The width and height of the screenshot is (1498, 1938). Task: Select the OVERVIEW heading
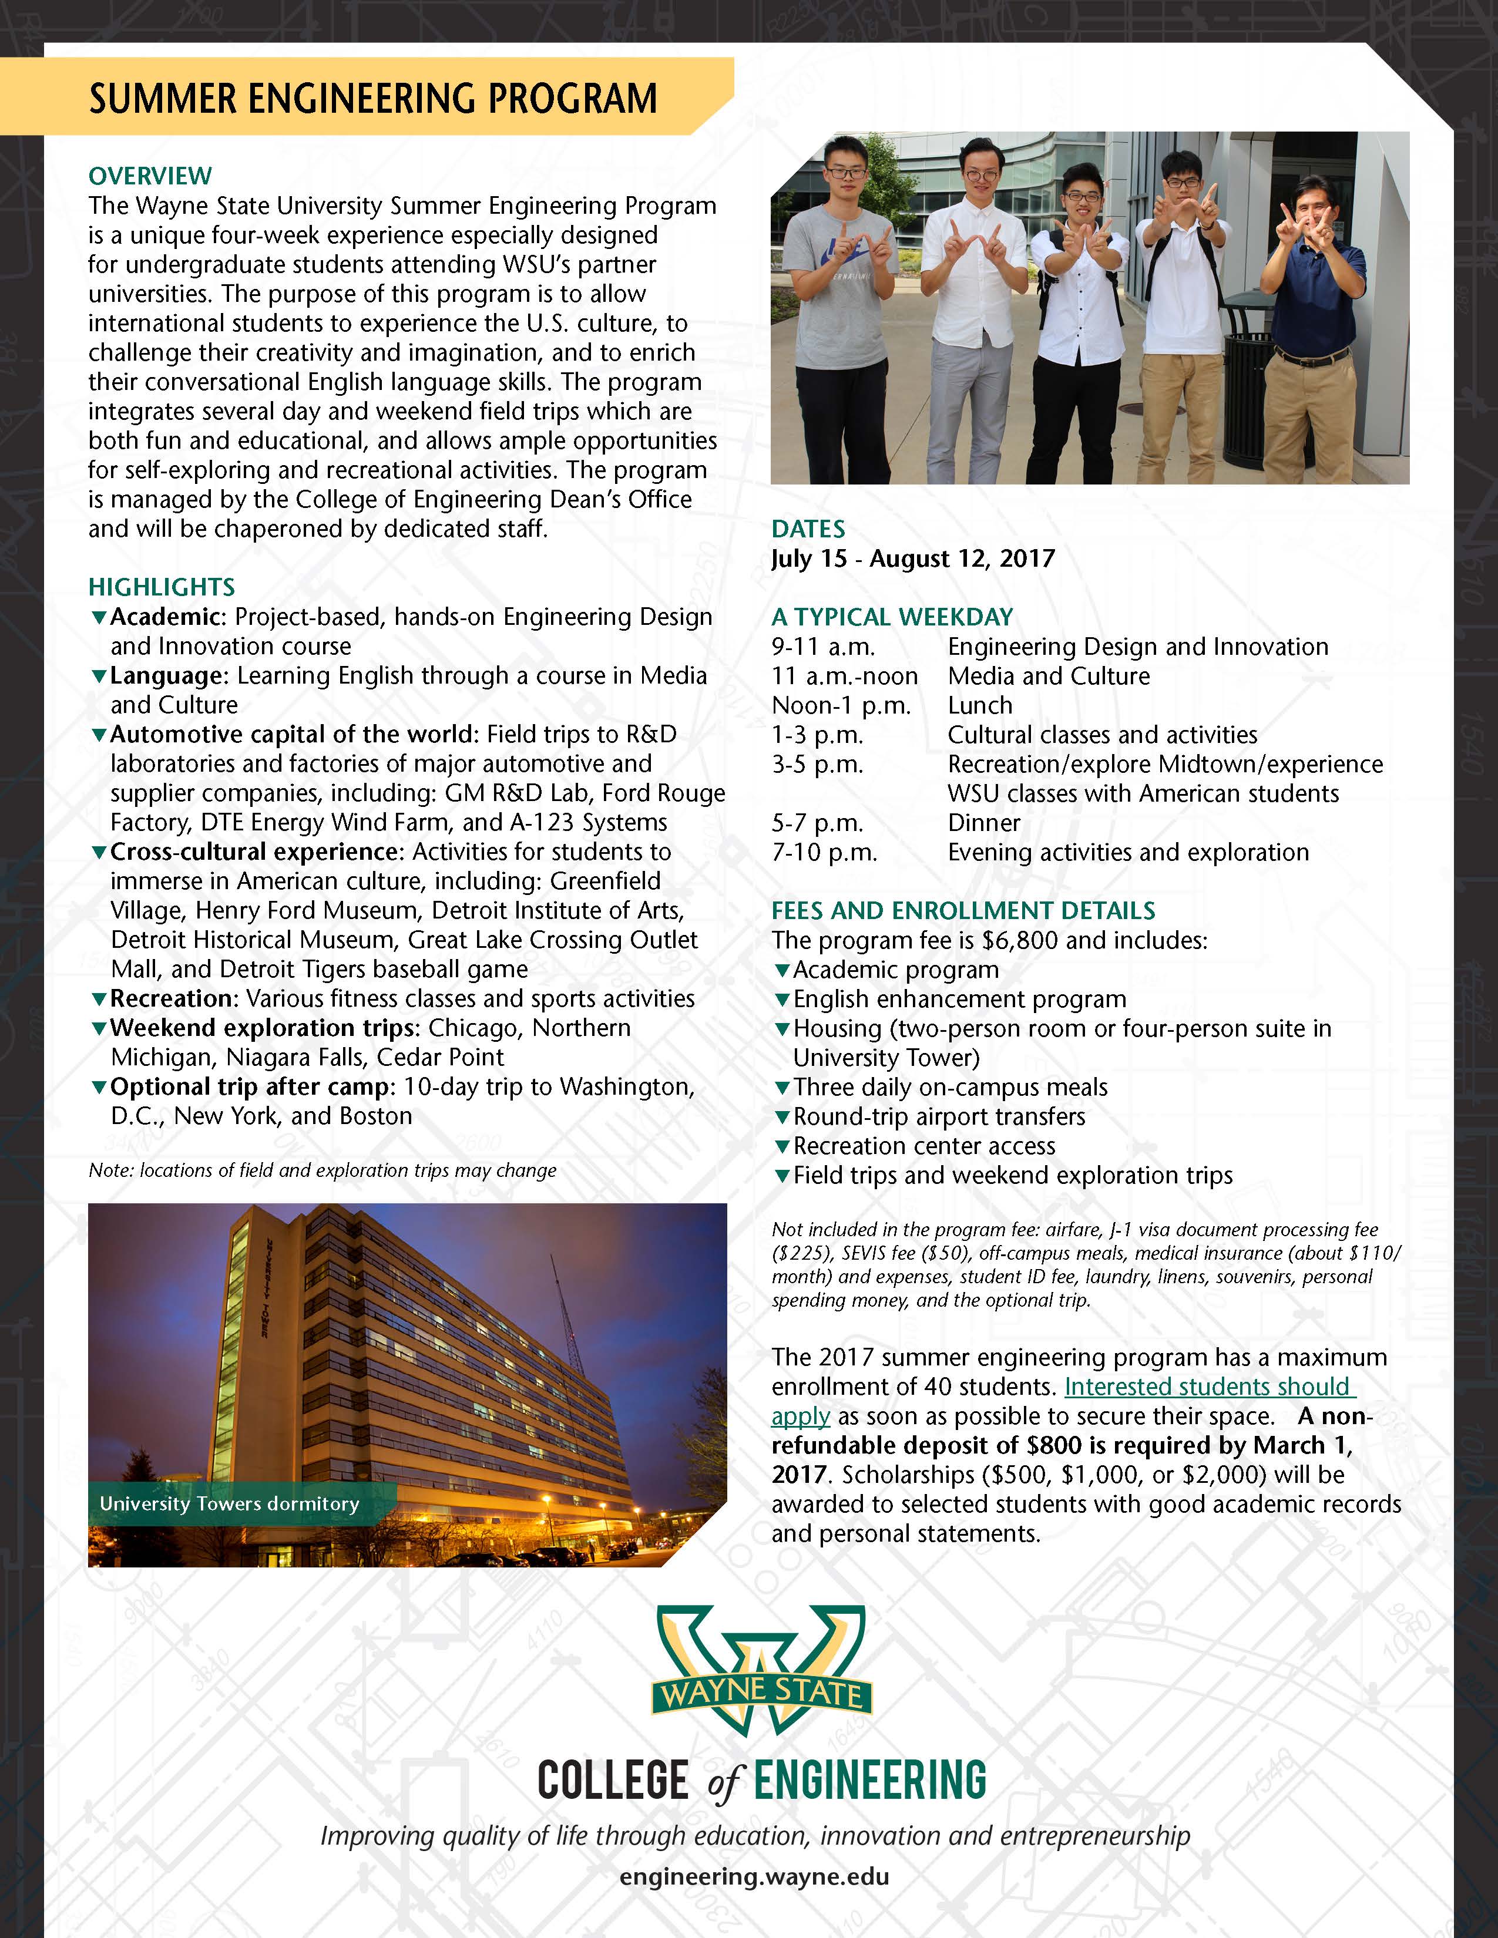[150, 176]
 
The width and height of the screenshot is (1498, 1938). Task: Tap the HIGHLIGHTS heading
[162, 587]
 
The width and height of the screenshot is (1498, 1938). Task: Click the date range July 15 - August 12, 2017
[913, 558]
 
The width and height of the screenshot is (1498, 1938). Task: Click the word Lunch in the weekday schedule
[980, 705]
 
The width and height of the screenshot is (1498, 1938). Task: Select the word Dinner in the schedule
[983, 823]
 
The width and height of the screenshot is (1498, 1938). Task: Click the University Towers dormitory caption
[229, 1503]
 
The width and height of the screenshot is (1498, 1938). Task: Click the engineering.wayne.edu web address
[754, 1877]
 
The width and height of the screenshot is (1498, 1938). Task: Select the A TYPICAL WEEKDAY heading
[892, 617]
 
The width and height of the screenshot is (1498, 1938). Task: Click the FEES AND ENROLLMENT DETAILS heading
[963, 910]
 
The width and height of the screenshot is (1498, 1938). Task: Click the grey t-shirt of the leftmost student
[841, 284]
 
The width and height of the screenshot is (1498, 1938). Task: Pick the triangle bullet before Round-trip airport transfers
[782, 1116]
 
